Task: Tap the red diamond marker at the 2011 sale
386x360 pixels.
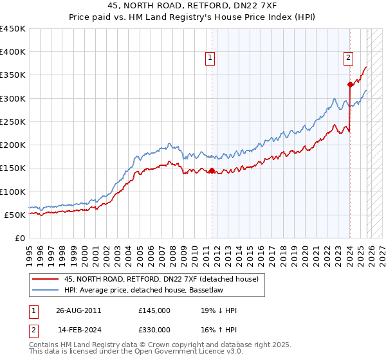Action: click(212, 170)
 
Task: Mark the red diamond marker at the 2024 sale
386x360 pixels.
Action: click(350, 84)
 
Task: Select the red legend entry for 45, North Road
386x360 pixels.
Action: click(161, 279)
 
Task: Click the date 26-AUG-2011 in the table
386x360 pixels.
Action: click(78, 310)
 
